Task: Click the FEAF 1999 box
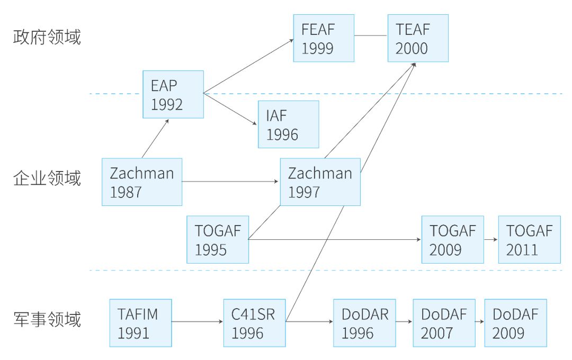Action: pos(324,38)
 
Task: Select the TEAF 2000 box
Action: pos(418,38)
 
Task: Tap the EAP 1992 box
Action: pos(173,94)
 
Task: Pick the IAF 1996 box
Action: pos(289,124)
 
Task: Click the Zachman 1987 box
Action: pos(142,182)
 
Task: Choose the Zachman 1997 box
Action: pos(320,182)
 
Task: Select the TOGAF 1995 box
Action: pos(218,239)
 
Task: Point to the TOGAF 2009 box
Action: pos(453,239)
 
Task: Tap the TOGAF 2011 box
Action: pos(529,239)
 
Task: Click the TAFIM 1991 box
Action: pos(141,323)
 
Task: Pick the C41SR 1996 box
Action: pos(254,323)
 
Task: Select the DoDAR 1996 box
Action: pos(364,323)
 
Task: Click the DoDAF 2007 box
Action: pos(444,323)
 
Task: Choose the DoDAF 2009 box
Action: pos(515,323)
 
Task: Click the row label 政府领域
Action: pos(47,38)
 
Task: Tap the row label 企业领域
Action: pos(47,178)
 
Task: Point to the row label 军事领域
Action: pos(47,319)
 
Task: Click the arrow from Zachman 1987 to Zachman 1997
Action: pos(231,182)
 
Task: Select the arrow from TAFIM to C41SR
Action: pos(198,321)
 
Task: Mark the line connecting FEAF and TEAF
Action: pos(371,35)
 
